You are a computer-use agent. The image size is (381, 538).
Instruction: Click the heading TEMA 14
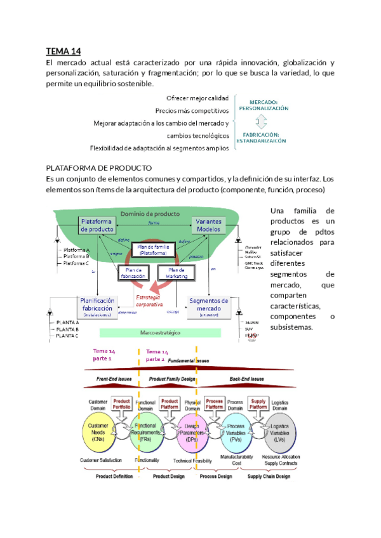point(63,51)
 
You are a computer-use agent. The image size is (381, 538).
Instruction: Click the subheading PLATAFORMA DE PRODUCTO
point(99,168)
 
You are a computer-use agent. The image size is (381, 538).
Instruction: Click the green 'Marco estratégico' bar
point(156,332)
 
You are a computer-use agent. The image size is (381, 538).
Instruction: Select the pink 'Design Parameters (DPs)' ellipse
point(191,431)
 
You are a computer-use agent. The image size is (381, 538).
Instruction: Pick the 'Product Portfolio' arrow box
point(121,405)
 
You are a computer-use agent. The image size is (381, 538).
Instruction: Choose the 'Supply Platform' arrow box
point(258,405)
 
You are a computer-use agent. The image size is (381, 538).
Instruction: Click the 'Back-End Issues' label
point(248,379)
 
